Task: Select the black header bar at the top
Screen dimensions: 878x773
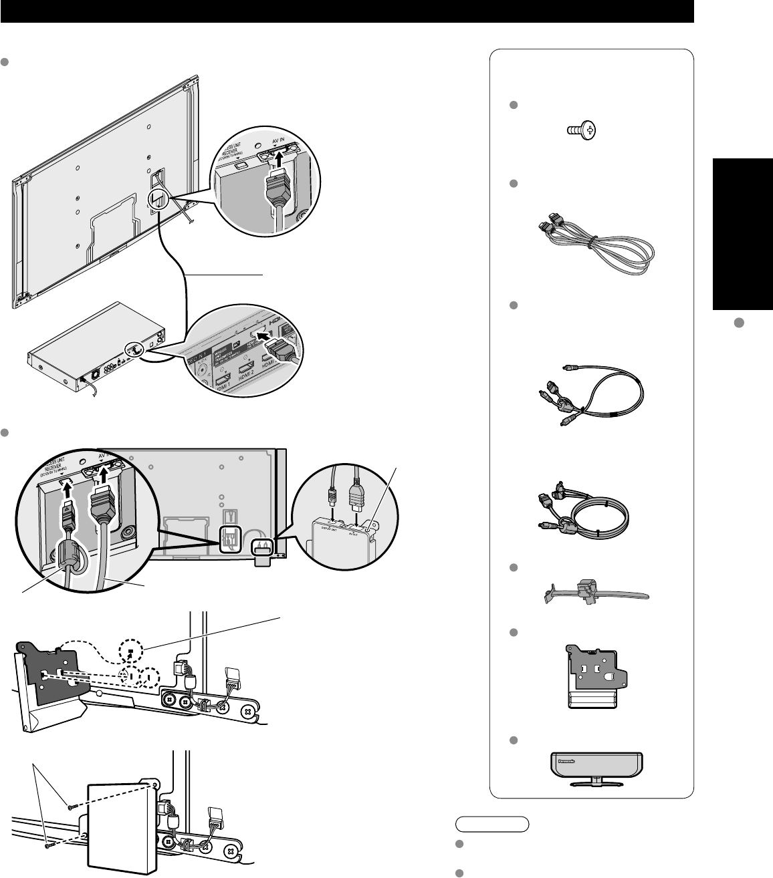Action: (x=348, y=12)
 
